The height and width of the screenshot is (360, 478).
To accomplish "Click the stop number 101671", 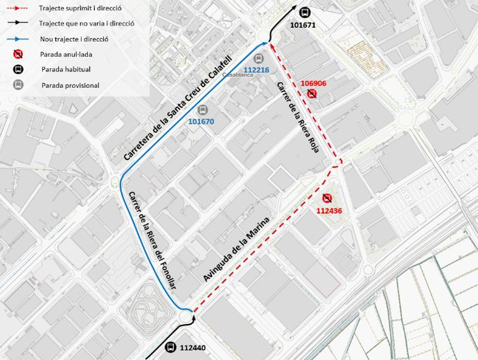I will (x=303, y=25).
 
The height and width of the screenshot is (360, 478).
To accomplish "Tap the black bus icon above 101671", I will (x=305, y=12).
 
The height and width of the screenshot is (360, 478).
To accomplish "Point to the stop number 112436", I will (x=329, y=210).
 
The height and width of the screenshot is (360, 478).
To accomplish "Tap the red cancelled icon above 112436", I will (x=327, y=198).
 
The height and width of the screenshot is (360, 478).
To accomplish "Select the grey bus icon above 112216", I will (x=259, y=59).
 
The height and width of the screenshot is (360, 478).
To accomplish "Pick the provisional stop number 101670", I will (x=202, y=121).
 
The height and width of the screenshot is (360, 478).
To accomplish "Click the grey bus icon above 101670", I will (x=202, y=109).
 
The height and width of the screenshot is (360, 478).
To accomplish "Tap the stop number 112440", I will (x=193, y=348).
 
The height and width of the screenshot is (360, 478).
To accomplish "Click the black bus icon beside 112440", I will (x=171, y=347).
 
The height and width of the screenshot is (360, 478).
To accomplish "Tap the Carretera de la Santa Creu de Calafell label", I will (x=177, y=109).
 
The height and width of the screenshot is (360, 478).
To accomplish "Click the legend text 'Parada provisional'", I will (x=70, y=85).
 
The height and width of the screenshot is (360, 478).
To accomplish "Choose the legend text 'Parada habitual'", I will (x=66, y=69).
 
